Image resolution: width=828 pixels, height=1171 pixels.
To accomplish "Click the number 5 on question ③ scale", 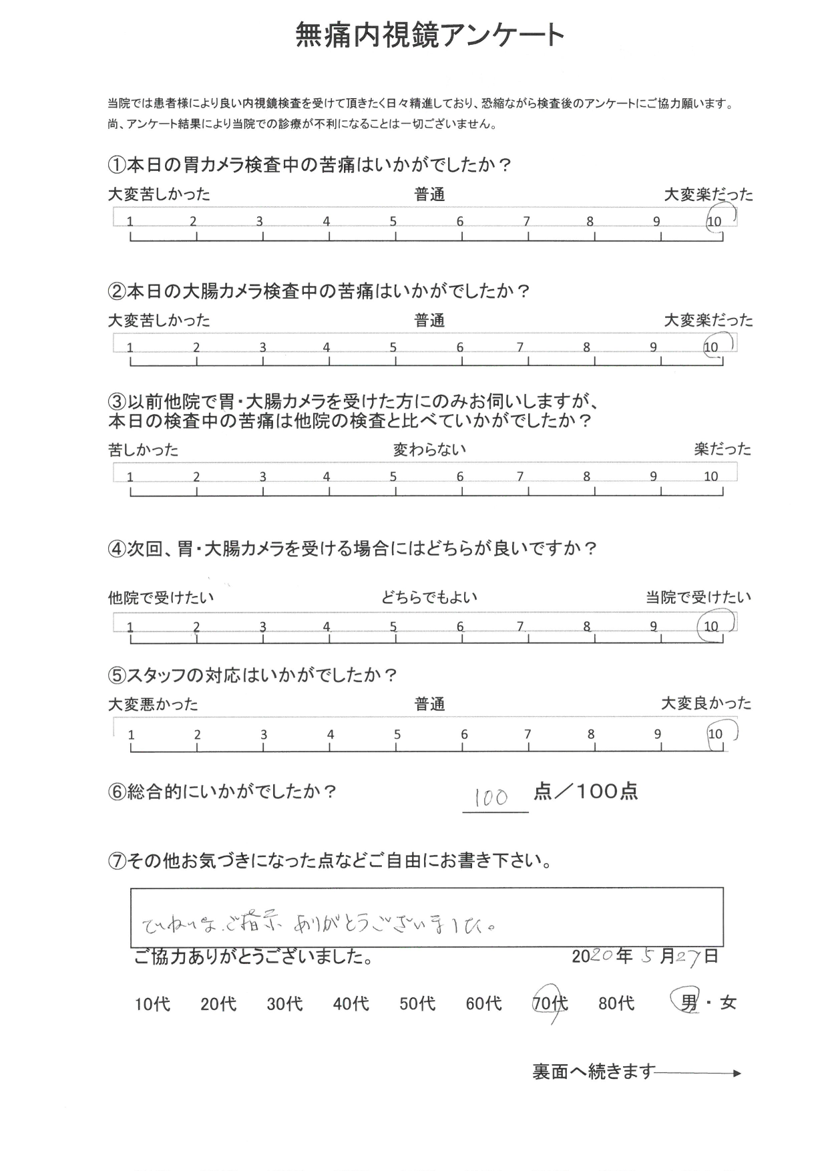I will [x=393, y=477].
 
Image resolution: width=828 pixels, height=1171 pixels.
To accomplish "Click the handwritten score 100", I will [x=492, y=797].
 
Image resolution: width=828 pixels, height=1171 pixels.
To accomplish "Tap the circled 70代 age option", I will [x=550, y=1003].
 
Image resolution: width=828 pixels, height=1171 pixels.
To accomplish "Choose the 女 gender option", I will [x=728, y=1003].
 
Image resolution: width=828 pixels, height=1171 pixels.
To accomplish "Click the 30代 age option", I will [x=285, y=1003].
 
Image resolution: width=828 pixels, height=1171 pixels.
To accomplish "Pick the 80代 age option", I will [x=616, y=1003].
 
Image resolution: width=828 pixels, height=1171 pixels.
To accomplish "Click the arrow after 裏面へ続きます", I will [x=698, y=1073].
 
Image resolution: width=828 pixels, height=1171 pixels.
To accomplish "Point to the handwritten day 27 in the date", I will [x=688, y=957].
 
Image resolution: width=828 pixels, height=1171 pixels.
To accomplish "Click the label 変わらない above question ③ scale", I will [x=429, y=450].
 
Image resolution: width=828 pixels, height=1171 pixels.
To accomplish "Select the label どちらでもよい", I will [x=429, y=597].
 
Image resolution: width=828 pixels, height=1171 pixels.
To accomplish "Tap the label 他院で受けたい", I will [x=161, y=598].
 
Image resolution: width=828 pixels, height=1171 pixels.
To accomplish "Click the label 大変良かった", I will [x=706, y=703].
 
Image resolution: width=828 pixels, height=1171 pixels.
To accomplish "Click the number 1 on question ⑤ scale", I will [x=131, y=735].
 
